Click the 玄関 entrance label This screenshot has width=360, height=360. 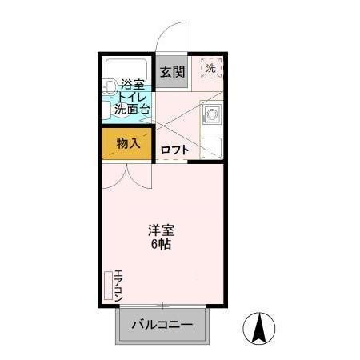click(x=171, y=72)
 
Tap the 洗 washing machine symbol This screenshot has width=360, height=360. click(x=211, y=69)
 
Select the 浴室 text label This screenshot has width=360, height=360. click(x=131, y=84)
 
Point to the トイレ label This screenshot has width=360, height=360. click(x=131, y=96)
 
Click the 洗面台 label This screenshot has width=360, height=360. click(x=131, y=109)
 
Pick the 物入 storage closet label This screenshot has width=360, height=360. click(x=128, y=144)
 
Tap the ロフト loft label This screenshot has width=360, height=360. click(x=174, y=150)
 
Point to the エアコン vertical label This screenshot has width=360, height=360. click(x=118, y=282)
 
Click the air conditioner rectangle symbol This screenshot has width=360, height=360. click(x=108, y=284)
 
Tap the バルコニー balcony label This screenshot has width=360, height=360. click(x=162, y=326)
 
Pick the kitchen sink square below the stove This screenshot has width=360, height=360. click(x=212, y=146)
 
